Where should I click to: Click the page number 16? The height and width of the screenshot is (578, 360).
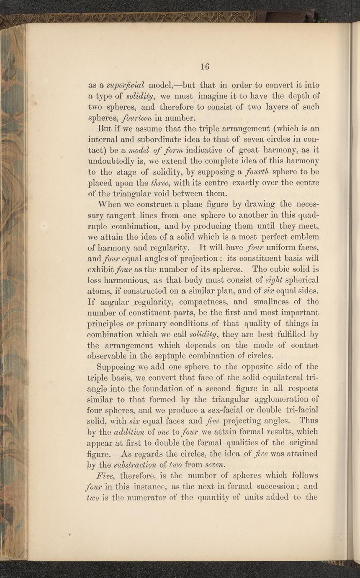[204, 66]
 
